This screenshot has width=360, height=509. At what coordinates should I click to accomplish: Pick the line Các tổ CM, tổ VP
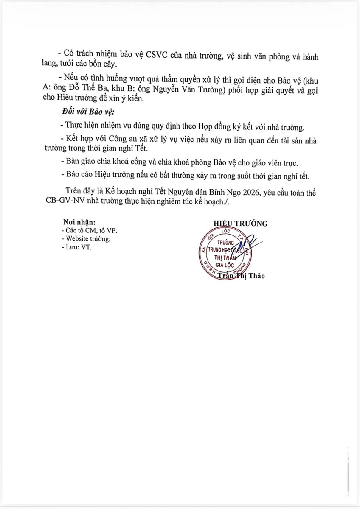(x=89, y=230)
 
